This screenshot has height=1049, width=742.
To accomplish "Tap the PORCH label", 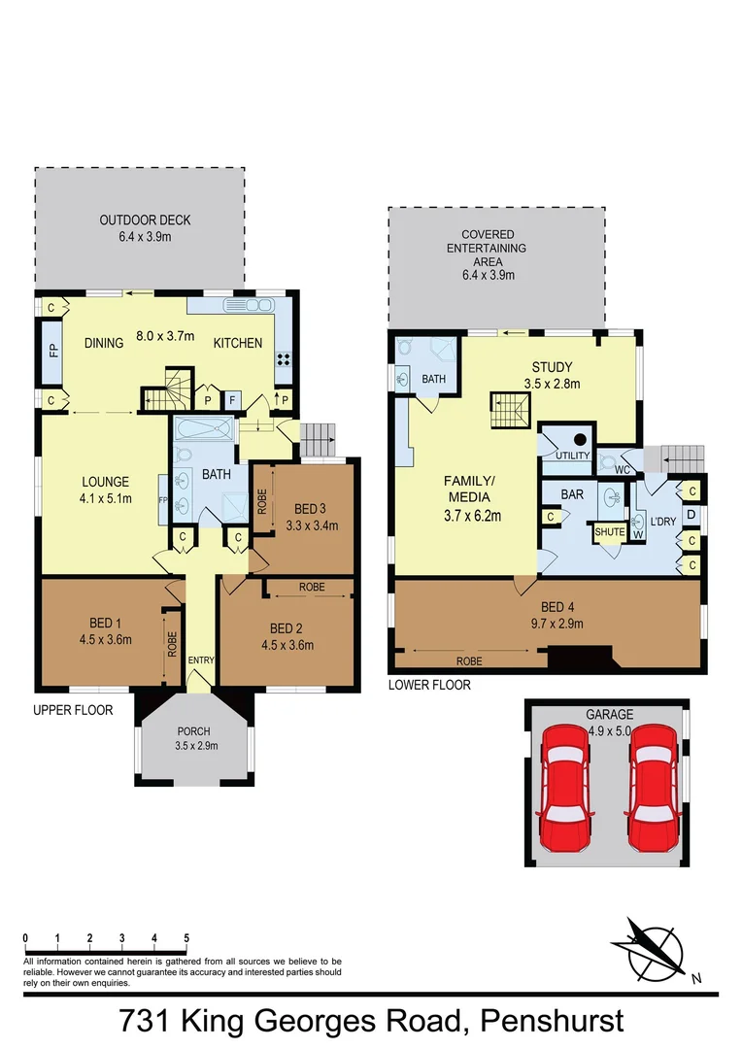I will click(x=192, y=732).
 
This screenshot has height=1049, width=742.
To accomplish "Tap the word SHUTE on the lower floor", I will click(x=609, y=532).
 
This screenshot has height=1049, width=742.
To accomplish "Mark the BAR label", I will click(x=572, y=494).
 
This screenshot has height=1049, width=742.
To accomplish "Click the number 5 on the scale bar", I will click(x=186, y=937).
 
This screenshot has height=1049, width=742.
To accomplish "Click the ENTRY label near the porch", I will click(x=201, y=661).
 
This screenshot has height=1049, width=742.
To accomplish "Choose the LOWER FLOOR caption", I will click(x=429, y=685).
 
